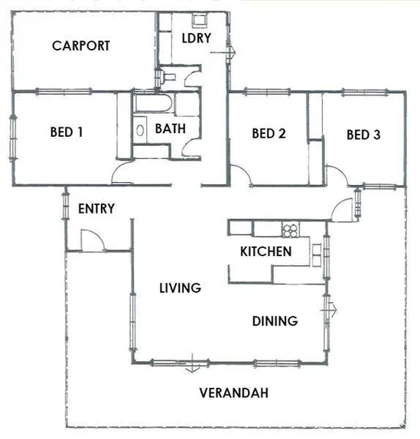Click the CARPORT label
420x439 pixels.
tap(81, 46)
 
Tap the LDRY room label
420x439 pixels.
tap(197, 38)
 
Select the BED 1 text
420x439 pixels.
tap(67, 132)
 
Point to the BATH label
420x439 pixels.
tap(170, 128)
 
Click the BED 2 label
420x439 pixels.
tap(269, 134)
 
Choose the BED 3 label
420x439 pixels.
tap(363, 135)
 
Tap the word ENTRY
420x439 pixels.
tap(96, 209)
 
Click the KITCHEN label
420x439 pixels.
tap(265, 251)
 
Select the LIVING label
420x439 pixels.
tap(180, 288)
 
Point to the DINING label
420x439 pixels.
tap(275, 321)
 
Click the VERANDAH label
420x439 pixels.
tap(233, 394)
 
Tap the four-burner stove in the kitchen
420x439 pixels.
tap(290, 228)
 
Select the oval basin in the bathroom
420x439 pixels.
tap(140, 129)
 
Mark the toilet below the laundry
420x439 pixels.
tap(168, 76)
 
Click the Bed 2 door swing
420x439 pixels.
tap(243, 175)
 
